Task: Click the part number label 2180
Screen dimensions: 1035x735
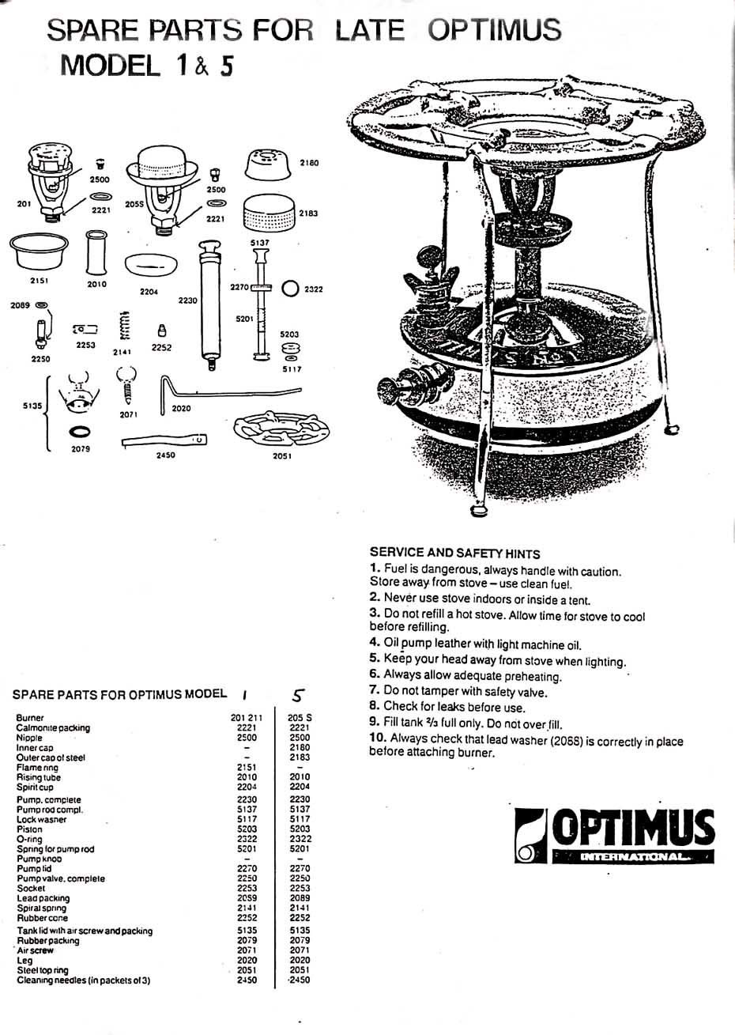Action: [x=309, y=163]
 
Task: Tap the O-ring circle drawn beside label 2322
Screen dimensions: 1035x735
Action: [x=289, y=289]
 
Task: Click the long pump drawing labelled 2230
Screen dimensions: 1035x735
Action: [x=211, y=304]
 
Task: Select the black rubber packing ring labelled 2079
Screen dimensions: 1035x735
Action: [x=81, y=433]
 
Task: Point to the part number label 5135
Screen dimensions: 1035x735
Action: [x=32, y=406]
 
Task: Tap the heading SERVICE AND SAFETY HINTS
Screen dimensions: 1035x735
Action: [x=454, y=553]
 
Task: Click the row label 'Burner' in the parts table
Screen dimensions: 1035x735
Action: [x=30, y=718]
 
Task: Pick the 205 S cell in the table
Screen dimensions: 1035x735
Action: [x=300, y=718]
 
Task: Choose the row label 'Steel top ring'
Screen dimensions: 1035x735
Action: [x=43, y=970]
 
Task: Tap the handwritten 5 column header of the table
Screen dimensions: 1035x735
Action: [x=298, y=695]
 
